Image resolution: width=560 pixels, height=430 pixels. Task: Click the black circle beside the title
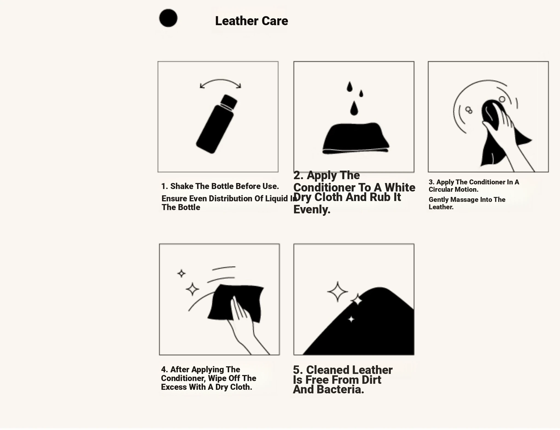[x=168, y=18]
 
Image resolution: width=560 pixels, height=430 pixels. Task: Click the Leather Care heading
[x=252, y=21]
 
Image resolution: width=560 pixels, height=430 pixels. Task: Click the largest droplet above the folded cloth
[x=354, y=108]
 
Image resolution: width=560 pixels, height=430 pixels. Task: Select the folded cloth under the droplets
[x=356, y=138]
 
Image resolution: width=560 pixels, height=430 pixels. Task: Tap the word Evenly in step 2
[x=312, y=210]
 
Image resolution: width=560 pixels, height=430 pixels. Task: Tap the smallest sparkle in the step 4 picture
[x=181, y=273]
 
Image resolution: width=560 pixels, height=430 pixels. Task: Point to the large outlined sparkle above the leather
[x=338, y=292]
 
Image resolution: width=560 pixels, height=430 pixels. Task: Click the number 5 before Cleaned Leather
[x=298, y=370]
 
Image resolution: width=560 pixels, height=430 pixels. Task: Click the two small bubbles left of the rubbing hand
[x=469, y=110]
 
